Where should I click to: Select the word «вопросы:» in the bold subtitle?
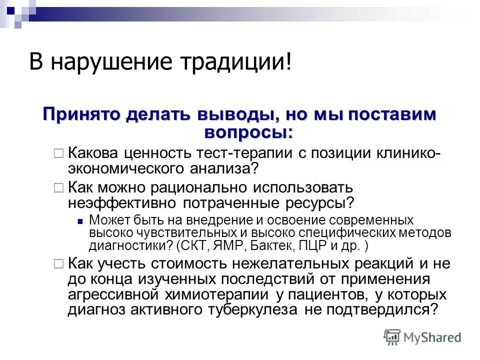coord(248,132)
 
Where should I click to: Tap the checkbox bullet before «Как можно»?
coord(58,188)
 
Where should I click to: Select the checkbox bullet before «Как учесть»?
coord(58,263)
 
